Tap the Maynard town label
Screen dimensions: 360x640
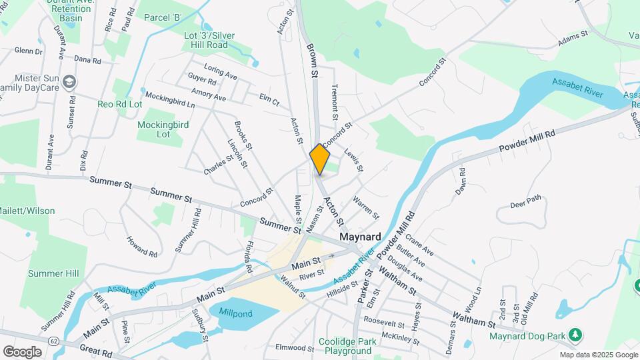(x=360, y=237)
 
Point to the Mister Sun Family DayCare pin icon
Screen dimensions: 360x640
(x=71, y=83)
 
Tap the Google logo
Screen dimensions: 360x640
(x=22, y=352)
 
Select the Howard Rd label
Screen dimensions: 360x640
(x=142, y=246)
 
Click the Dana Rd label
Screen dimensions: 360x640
(x=87, y=60)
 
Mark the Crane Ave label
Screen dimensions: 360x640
(x=419, y=247)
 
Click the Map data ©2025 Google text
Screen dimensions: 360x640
(x=599, y=355)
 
